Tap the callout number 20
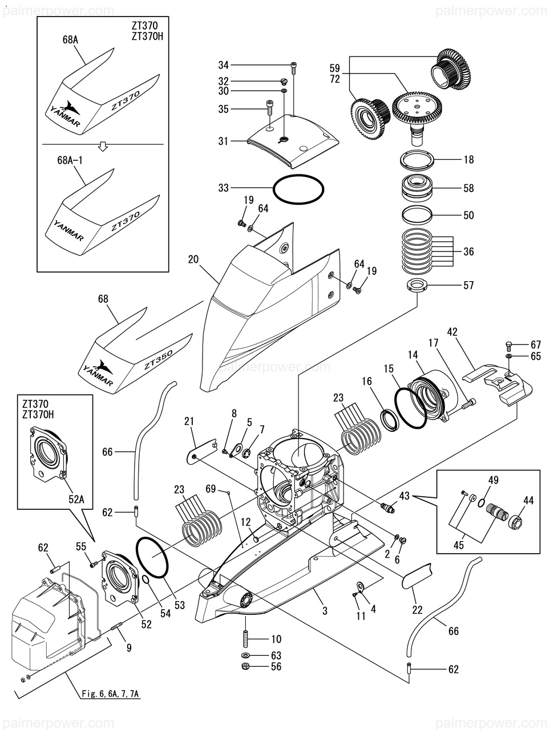193,259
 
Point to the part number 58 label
468,188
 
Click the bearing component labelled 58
418,188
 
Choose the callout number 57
468,285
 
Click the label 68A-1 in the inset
72,161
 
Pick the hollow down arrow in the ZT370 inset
103,147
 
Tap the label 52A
76,498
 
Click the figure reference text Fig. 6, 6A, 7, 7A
110,694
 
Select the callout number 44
528,500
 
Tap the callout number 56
276,666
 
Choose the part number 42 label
453,331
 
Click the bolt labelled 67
509,344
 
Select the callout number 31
223,141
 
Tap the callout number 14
412,354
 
